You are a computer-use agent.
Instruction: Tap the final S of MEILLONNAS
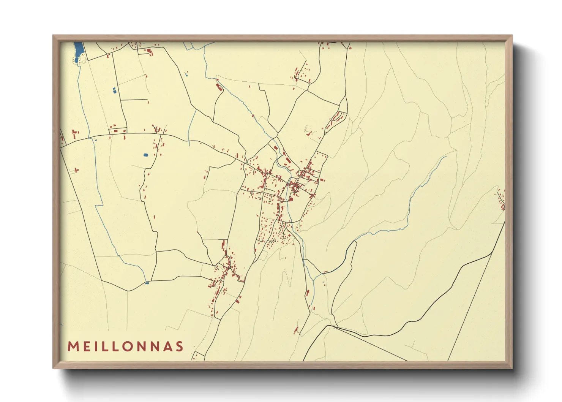pyautogui.click(x=180, y=347)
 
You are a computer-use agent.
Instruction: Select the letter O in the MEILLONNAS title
pyautogui.click(x=129, y=347)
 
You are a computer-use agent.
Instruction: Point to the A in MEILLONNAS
pyautogui.click(x=167, y=347)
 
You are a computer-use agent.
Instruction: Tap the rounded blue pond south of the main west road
pyautogui.click(x=146, y=155)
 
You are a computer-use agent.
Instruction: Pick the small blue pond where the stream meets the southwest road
pyautogui.click(x=147, y=283)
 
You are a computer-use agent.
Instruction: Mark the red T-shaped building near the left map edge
pyautogui.click(x=76, y=170)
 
